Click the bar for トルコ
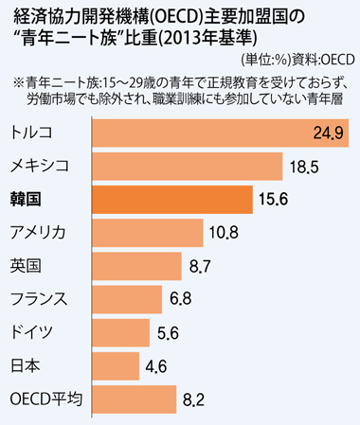221,133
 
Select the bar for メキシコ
188,167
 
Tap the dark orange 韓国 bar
172,200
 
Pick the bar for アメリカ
148,233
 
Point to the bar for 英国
136,266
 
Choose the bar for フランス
127,299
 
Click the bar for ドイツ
121,333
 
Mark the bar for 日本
116,366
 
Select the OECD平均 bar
135,399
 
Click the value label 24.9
329,133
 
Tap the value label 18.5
304,167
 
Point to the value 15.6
274,200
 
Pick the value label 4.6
156,366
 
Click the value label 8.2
193,399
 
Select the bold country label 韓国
26,200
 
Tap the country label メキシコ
40,166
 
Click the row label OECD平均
46,399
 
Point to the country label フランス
39,299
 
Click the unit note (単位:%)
265,60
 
